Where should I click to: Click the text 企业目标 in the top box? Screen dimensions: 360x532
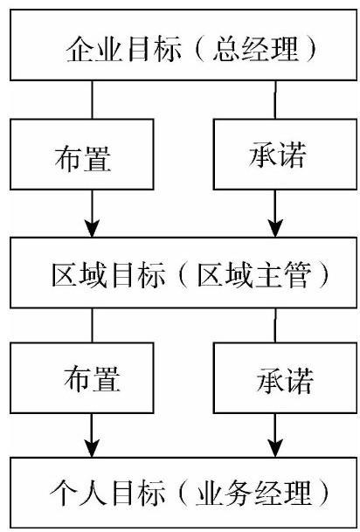tap(123, 51)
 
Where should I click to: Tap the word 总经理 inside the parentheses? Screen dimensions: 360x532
tap(256, 50)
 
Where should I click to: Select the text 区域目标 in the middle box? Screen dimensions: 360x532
tap(109, 276)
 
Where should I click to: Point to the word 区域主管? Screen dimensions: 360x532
tap(254, 276)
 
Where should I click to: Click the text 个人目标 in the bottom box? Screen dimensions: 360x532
tap(107, 494)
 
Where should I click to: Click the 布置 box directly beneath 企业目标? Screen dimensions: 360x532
tap(82, 154)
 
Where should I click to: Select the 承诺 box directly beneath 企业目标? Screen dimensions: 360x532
tap(285, 154)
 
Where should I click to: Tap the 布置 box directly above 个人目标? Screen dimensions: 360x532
tap(82, 377)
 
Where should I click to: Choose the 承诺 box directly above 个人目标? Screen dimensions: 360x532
tap(285, 377)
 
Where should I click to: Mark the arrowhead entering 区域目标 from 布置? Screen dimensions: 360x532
tap(92, 228)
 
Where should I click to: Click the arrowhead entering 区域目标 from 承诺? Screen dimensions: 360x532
tap(275, 228)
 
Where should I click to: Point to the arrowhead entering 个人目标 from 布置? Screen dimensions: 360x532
tap(92, 448)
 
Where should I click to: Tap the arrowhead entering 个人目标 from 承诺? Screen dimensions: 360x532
tap(275, 448)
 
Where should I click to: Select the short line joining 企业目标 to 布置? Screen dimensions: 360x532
tap(92, 100)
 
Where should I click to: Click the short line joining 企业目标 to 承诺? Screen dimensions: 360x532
tap(275, 100)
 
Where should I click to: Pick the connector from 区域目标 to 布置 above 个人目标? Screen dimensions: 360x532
tap(92, 325)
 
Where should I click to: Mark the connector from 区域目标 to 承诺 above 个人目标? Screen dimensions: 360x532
tap(275, 325)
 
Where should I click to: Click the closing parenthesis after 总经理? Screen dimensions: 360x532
tap(311, 51)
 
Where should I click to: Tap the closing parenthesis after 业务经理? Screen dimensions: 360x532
tap(324, 494)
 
